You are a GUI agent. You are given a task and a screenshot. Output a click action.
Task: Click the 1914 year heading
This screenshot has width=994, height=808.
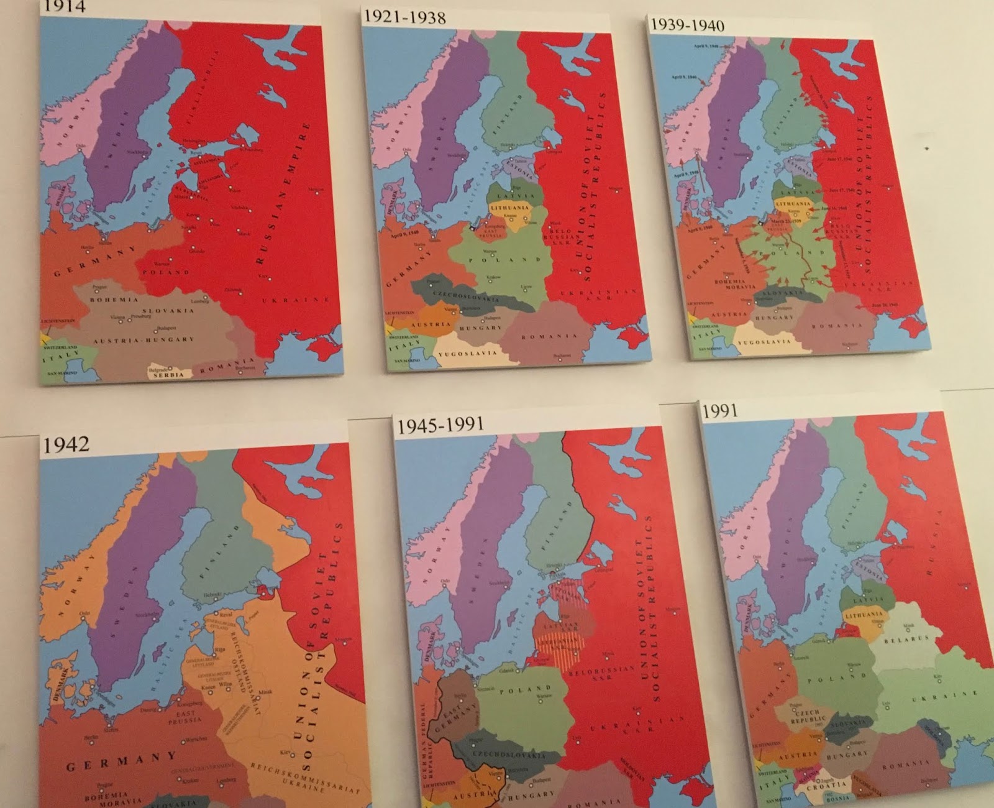point(63,7)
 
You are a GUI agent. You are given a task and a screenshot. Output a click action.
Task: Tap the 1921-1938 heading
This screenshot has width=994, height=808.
point(404,17)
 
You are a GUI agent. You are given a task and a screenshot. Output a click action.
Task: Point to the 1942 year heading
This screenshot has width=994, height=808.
point(66,445)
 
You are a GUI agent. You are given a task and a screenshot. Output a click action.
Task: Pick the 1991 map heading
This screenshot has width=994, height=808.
point(719,411)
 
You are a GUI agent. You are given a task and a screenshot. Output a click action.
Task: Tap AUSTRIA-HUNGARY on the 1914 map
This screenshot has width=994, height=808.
point(144,340)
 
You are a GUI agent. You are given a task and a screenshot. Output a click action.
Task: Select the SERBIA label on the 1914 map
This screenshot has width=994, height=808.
point(168,375)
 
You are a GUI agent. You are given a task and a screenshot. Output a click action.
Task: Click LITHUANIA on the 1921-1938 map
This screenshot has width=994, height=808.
point(510,208)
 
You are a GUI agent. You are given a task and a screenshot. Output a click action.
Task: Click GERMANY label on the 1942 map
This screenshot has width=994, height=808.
point(122,760)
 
